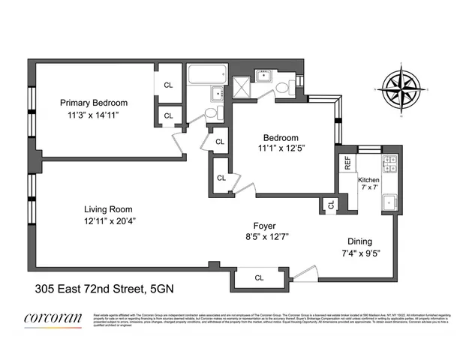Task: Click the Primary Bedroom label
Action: tap(95, 103)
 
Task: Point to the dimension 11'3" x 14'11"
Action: tap(95, 115)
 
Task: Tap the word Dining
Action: tap(359, 242)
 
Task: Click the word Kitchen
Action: tap(369, 181)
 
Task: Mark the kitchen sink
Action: tap(389, 202)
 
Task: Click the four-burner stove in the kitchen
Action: tap(389, 163)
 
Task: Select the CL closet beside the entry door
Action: tap(259, 278)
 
